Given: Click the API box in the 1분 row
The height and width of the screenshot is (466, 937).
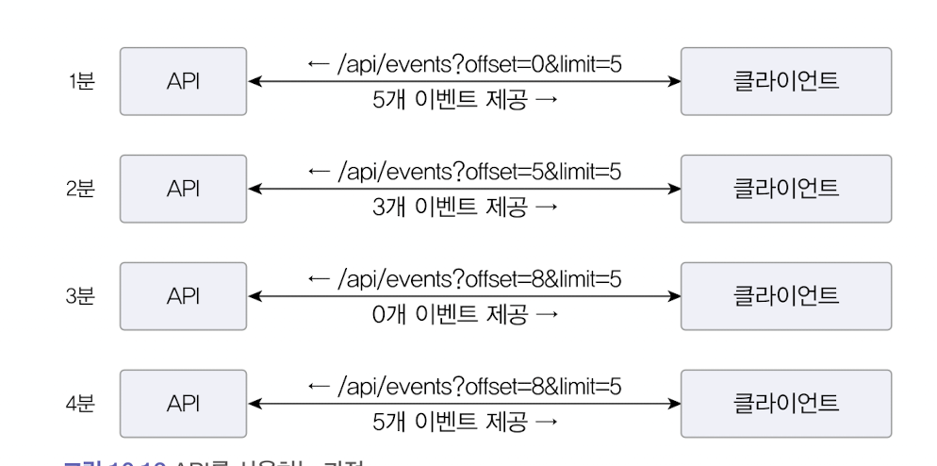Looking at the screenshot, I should pyautogui.click(x=184, y=82).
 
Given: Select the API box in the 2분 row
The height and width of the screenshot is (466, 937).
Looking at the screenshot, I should pyautogui.click(x=184, y=189).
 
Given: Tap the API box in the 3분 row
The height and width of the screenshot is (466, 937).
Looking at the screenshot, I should pyautogui.click(x=184, y=296).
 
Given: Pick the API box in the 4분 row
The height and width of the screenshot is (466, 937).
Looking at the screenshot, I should pyautogui.click(x=184, y=404).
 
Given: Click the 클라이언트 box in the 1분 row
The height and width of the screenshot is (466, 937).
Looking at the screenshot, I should pyautogui.click(x=786, y=82).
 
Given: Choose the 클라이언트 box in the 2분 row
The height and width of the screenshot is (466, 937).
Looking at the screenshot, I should pyautogui.click(x=786, y=189).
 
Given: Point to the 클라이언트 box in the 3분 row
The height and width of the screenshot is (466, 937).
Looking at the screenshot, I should pyautogui.click(x=786, y=296).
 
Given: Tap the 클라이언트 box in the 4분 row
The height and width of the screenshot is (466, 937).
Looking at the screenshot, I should pyautogui.click(x=786, y=404).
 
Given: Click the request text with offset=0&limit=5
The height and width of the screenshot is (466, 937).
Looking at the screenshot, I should pyautogui.click(x=465, y=64).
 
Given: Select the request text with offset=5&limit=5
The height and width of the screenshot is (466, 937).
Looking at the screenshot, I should pyautogui.click(x=465, y=172).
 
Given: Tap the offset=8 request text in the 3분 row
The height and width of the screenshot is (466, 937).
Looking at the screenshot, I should pyautogui.click(x=465, y=279).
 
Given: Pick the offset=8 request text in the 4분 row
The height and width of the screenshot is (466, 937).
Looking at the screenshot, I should pyautogui.click(x=465, y=387).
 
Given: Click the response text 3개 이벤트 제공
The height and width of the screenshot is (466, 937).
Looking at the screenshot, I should pyautogui.click(x=465, y=207).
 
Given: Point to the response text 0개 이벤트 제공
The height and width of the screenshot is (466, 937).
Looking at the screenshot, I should pyautogui.click(x=465, y=314).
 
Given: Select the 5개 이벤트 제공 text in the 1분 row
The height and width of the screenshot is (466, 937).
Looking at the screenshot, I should pyautogui.click(x=465, y=100).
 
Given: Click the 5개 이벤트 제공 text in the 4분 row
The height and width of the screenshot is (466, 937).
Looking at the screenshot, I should pyautogui.click(x=465, y=422).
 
